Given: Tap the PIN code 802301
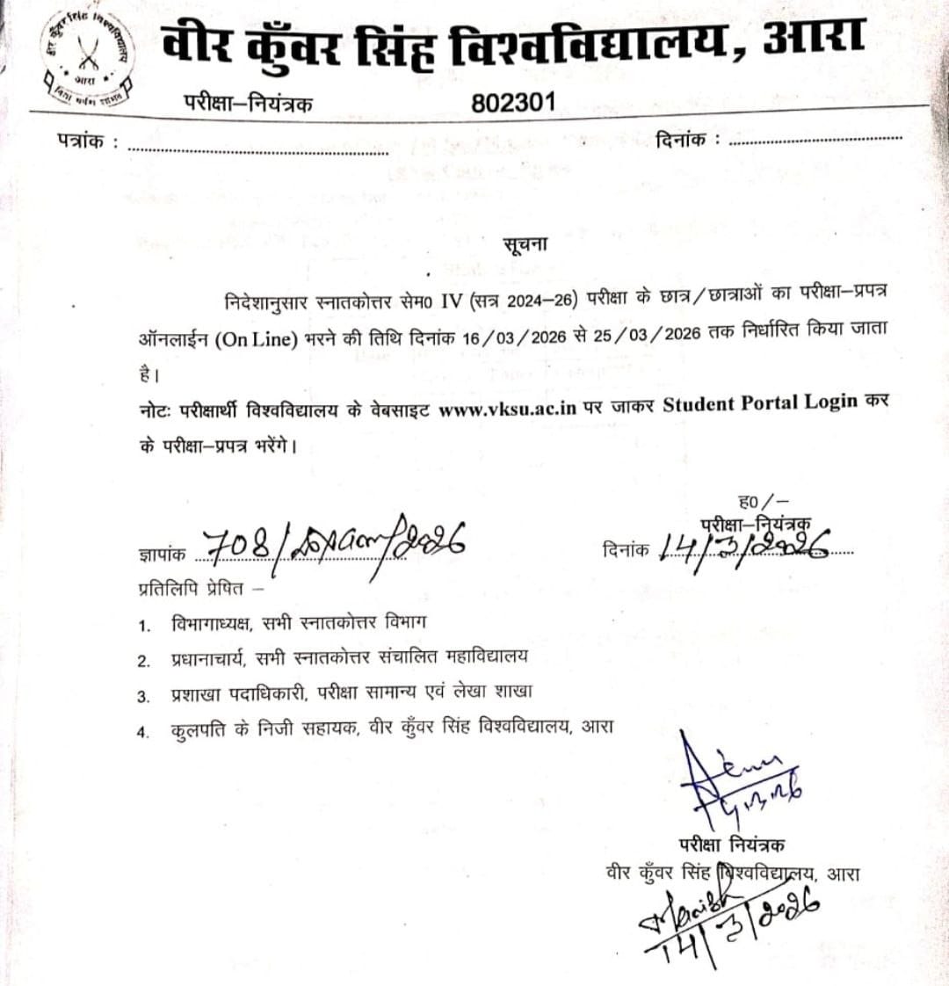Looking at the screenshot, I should coord(513,102).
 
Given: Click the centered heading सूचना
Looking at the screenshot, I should coord(525,244).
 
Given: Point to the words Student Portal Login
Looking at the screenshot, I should coord(759,404).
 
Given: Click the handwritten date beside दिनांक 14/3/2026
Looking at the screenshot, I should coord(743,547).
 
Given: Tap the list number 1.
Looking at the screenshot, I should coord(144,626).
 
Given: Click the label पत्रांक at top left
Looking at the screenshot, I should coord(87,141).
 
